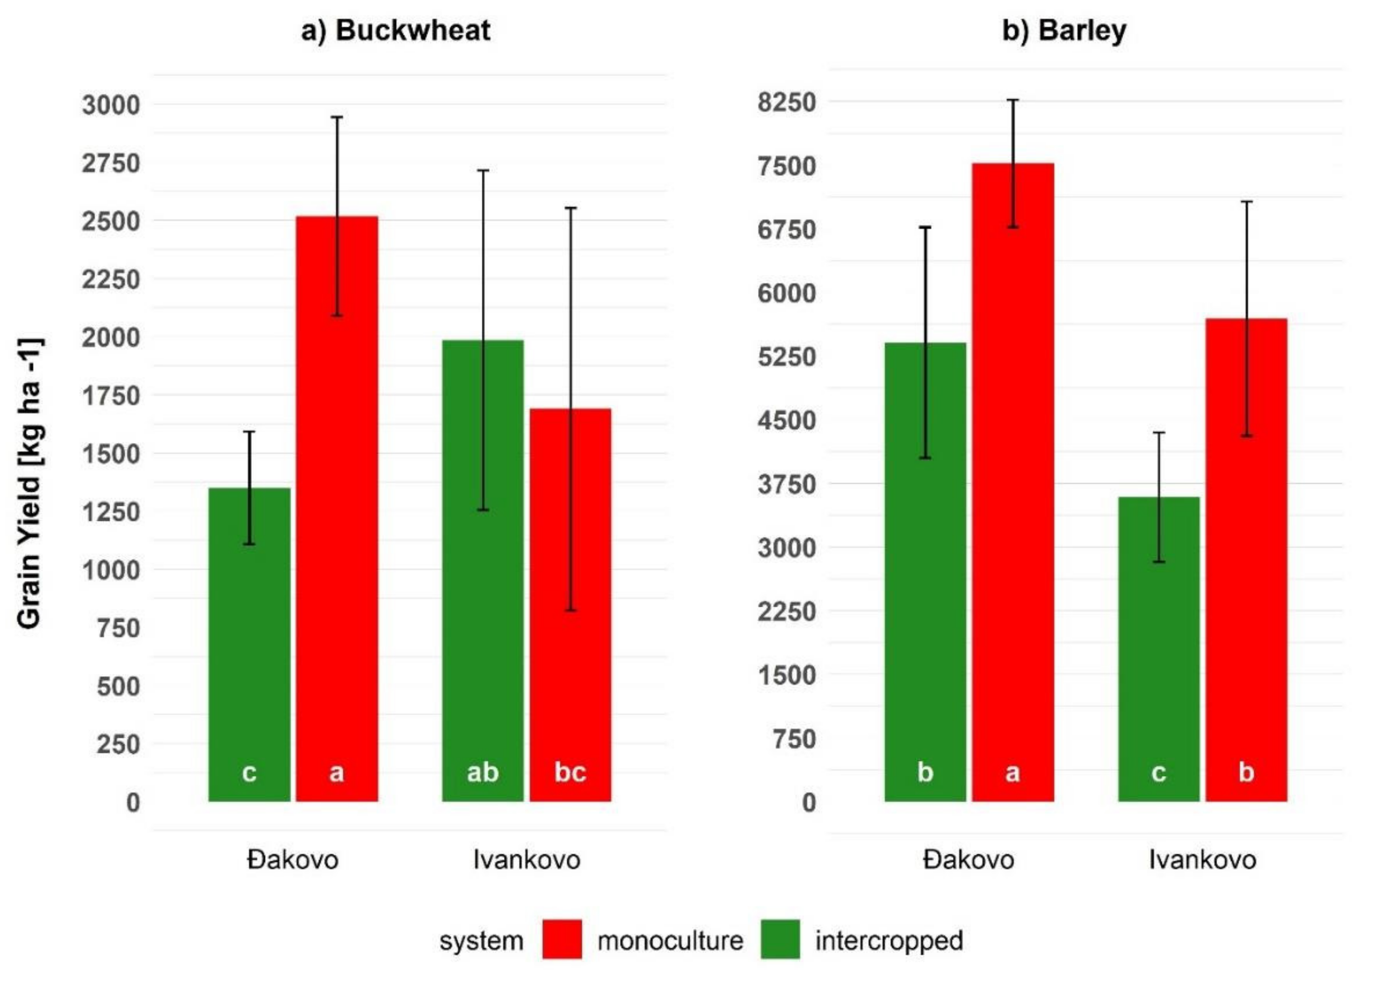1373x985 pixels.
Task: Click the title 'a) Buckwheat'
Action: click(x=396, y=30)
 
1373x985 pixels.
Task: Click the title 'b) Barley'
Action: click(x=1064, y=30)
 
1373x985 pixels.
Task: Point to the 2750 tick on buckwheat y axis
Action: click(x=111, y=163)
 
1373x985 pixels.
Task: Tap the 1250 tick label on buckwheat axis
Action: click(x=111, y=512)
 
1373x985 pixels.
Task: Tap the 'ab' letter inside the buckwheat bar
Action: click(x=483, y=772)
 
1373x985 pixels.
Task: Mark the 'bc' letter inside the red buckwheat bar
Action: click(x=570, y=772)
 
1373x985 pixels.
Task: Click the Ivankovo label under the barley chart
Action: click(x=1202, y=860)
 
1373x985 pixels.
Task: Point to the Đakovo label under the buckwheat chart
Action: click(x=293, y=860)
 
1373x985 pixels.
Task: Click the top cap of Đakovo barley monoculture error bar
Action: click(x=1013, y=100)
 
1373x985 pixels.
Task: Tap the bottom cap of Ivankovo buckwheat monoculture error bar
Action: click(x=570, y=610)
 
